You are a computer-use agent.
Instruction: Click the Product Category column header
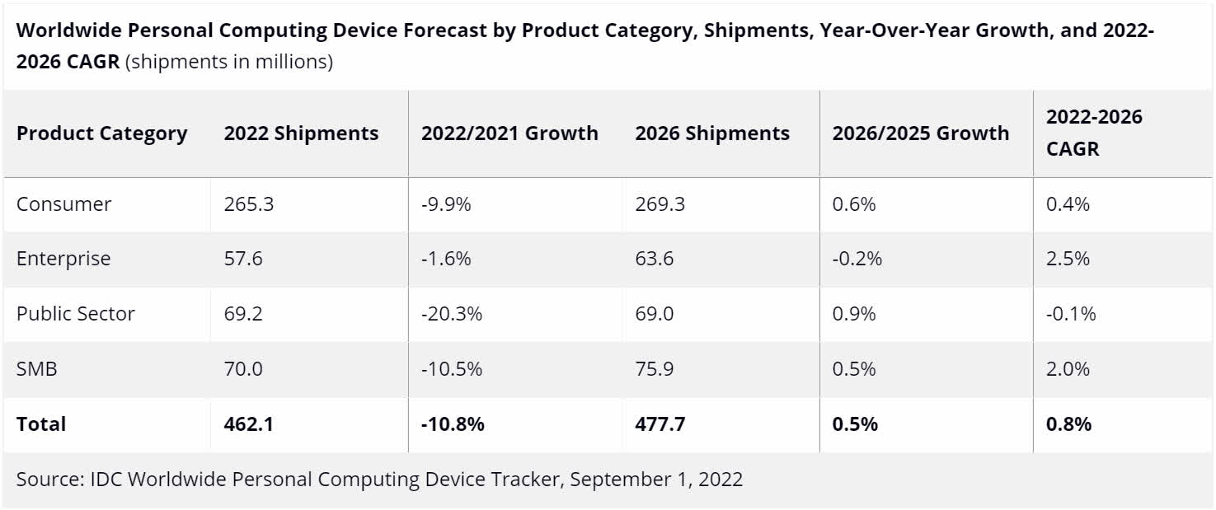pyautogui.click(x=102, y=133)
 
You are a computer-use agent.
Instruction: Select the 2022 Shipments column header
pyautogui.click(x=301, y=133)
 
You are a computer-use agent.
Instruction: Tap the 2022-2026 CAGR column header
pyautogui.click(x=1094, y=133)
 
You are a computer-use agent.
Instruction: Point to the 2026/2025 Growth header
pyautogui.click(x=920, y=133)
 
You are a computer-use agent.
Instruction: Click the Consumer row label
pyautogui.click(x=63, y=204)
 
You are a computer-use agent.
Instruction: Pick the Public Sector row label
pyautogui.click(x=75, y=314)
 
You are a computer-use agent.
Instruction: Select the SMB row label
pyautogui.click(x=36, y=369)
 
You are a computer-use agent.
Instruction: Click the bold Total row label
pyautogui.click(x=41, y=424)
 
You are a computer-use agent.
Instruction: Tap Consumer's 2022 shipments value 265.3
pyautogui.click(x=248, y=204)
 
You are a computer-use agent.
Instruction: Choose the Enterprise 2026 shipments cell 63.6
pyautogui.click(x=654, y=259)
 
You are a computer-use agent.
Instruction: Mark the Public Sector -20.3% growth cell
pyautogui.click(x=451, y=314)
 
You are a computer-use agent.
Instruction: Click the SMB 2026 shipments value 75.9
pyautogui.click(x=654, y=369)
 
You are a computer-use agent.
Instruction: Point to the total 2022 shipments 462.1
pyautogui.click(x=249, y=424)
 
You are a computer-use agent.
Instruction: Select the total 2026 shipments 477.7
pyautogui.click(x=660, y=424)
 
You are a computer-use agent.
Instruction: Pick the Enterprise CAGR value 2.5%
pyautogui.click(x=1068, y=259)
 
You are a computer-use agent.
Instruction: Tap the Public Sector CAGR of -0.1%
pyautogui.click(x=1071, y=314)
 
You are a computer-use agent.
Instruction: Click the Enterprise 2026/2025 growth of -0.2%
pyautogui.click(x=857, y=259)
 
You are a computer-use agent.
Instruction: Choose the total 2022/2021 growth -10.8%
pyautogui.click(x=453, y=424)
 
